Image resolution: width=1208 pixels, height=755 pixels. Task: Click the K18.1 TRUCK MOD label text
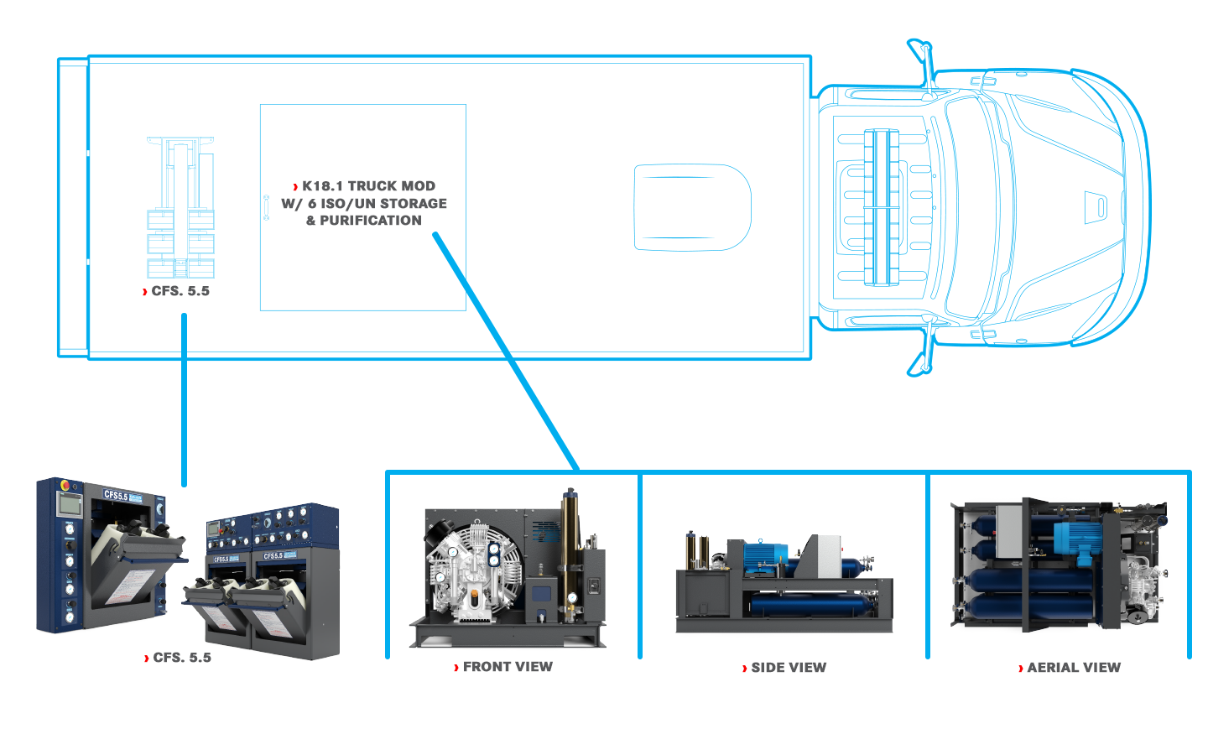(x=368, y=186)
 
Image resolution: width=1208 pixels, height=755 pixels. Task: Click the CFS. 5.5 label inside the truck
(x=180, y=291)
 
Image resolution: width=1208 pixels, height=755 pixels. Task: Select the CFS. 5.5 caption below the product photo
(x=181, y=658)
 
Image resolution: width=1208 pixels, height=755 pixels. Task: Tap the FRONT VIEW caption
(x=508, y=667)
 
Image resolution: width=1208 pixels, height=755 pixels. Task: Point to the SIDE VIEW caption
(x=789, y=668)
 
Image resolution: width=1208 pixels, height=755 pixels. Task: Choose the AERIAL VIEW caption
(x=1074, y=668)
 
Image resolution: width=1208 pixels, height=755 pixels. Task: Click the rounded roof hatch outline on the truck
(x=692, y=207)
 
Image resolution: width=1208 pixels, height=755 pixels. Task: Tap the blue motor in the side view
(x=763, y=557)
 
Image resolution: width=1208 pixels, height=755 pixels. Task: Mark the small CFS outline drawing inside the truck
(x=180, y=208)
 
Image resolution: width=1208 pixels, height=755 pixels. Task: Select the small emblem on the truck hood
(x=1096, y=207)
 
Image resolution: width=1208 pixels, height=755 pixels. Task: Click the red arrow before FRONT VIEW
(x=456, y=668)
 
